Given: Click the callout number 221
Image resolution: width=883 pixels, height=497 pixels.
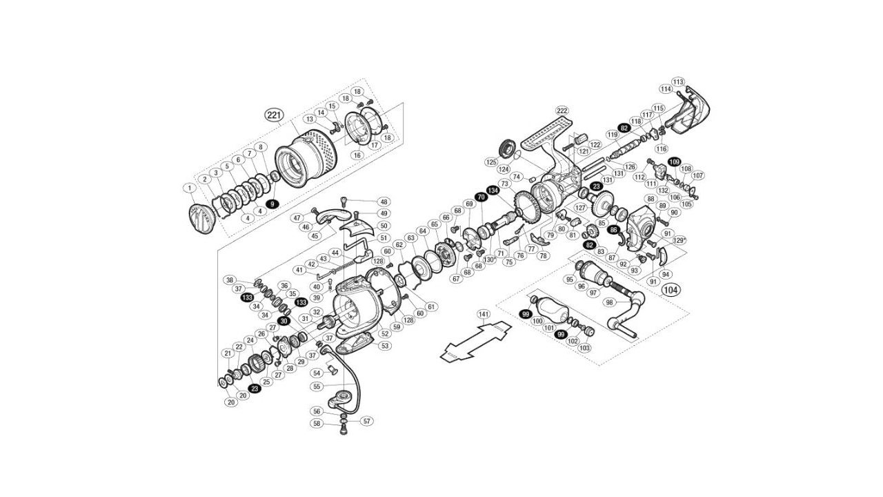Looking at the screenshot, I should pyautogui.click(x=275, y=115).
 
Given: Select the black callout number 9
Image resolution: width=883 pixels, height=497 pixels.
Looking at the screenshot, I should pyautogui.click(x=272, y=204).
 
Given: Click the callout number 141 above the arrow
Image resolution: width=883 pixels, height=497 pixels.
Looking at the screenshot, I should pyautogui.click(x=484, y=314).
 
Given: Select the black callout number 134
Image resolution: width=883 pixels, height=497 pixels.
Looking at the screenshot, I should pyautogui.click(x=493, y=190).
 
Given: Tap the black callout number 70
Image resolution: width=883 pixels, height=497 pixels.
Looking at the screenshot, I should pyautogui.click(x=481, y=197).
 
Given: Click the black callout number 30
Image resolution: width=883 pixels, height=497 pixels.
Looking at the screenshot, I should pyautogui.click(x=284, y=320).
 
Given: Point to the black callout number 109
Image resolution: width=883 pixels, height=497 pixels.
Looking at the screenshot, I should pyautogui.click(x=673, y=161).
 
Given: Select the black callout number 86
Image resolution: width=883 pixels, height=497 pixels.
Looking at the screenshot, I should pyautogui.click(x=613, y=230).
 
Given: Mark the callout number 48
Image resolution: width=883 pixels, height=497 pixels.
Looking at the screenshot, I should pyautogui.click(x=384, y=202).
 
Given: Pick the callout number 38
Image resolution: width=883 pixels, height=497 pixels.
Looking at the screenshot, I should pyautogui.click(x=230, y=280).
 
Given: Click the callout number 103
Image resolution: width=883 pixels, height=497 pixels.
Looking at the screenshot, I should pyautogui.click(x=586, y=348).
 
